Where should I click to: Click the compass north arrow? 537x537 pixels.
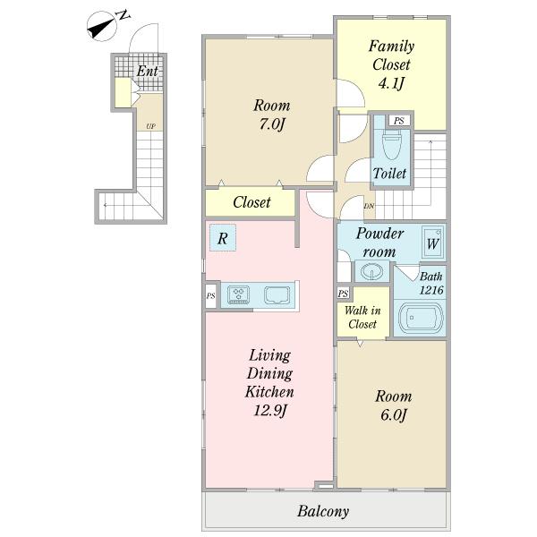[102, 27]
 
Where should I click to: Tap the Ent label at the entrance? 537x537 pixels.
[148, 72]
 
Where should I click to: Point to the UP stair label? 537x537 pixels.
[150, 126]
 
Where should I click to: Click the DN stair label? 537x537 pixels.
[369, 206]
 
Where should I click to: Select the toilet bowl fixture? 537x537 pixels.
[392, 144]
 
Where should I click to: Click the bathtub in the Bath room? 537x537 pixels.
[421, 318]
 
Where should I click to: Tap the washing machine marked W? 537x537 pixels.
[433, 243]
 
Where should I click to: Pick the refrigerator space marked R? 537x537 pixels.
[223, 238]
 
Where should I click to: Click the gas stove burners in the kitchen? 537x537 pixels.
[239, 294]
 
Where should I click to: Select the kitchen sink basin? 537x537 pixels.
[277, 295]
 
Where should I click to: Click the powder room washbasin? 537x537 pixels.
[371, 272]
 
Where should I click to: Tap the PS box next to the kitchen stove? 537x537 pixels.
[210, 295]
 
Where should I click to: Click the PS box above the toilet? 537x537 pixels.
[399, 121]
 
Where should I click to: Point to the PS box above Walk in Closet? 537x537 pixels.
[344, 294]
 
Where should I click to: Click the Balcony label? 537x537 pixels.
[323, 511]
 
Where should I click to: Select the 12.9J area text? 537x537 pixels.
[270, 410]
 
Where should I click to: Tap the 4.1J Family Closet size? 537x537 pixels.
[391, 83]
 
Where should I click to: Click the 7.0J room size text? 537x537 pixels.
[272, 124]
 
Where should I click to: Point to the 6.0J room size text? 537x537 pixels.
[394, 414]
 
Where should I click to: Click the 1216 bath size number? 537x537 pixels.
[431, 290]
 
